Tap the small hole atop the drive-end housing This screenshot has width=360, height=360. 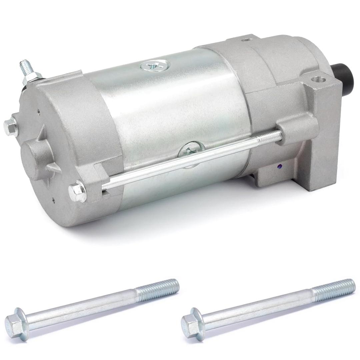point(246,40)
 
